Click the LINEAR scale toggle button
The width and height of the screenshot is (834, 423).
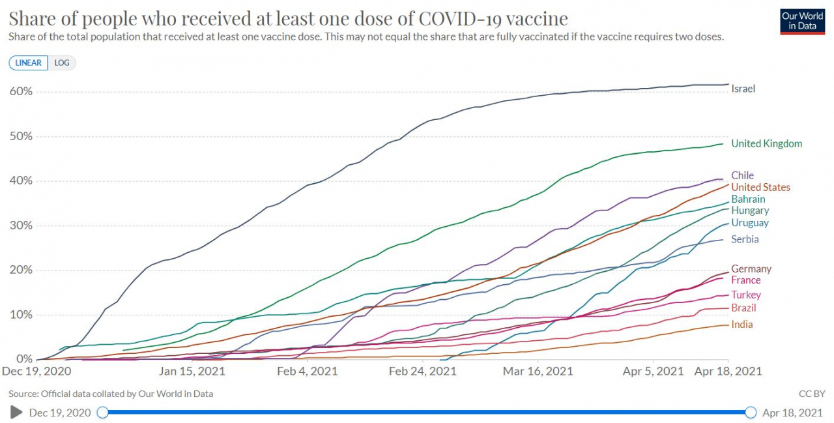pyautogui.click(x=28, y=63)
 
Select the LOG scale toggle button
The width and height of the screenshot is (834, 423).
pyautogui.click(x=62, y=63)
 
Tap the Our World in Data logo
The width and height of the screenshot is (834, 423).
pyautogui.click(x=802, y=22)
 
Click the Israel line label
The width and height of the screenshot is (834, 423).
pyautogui.click(x=743, y=89)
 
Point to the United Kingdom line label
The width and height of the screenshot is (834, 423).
pyautogui.click(x=767, y=144)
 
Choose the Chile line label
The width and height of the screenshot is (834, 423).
pyautogui.click(x=742, y=175)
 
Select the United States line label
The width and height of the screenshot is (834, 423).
pyautogui.click(x=760, y=187)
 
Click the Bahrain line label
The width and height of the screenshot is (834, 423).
pyautogui.click(x=748, y=199)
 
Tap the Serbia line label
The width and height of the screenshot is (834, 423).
pyautogui.click(x=745, y=239)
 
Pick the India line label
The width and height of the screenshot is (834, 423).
pyautogui.click(x=742, y=325)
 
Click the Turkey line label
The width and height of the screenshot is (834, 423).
pyautogui.click(x=746, y=295)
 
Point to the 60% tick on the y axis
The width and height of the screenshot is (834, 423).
pyautogui.click(x=21, y=92)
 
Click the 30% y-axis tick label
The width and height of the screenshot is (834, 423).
pyautogui.click(x=21, y=226)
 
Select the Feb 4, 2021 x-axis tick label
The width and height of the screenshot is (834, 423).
pyautogui.click(x=308, y=372)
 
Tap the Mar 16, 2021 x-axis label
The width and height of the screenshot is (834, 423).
pyautogui.click(x=538, y=372)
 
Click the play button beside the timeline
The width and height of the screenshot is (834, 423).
pyautogui.click(x=16, y=412)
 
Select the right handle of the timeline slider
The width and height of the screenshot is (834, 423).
pyautogui.click(x=751, y=412)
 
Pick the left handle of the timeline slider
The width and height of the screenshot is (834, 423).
pyautogui.click(x=102, y=412)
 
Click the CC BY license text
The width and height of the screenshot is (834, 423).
pyautogui.click(x=812, y=394)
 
